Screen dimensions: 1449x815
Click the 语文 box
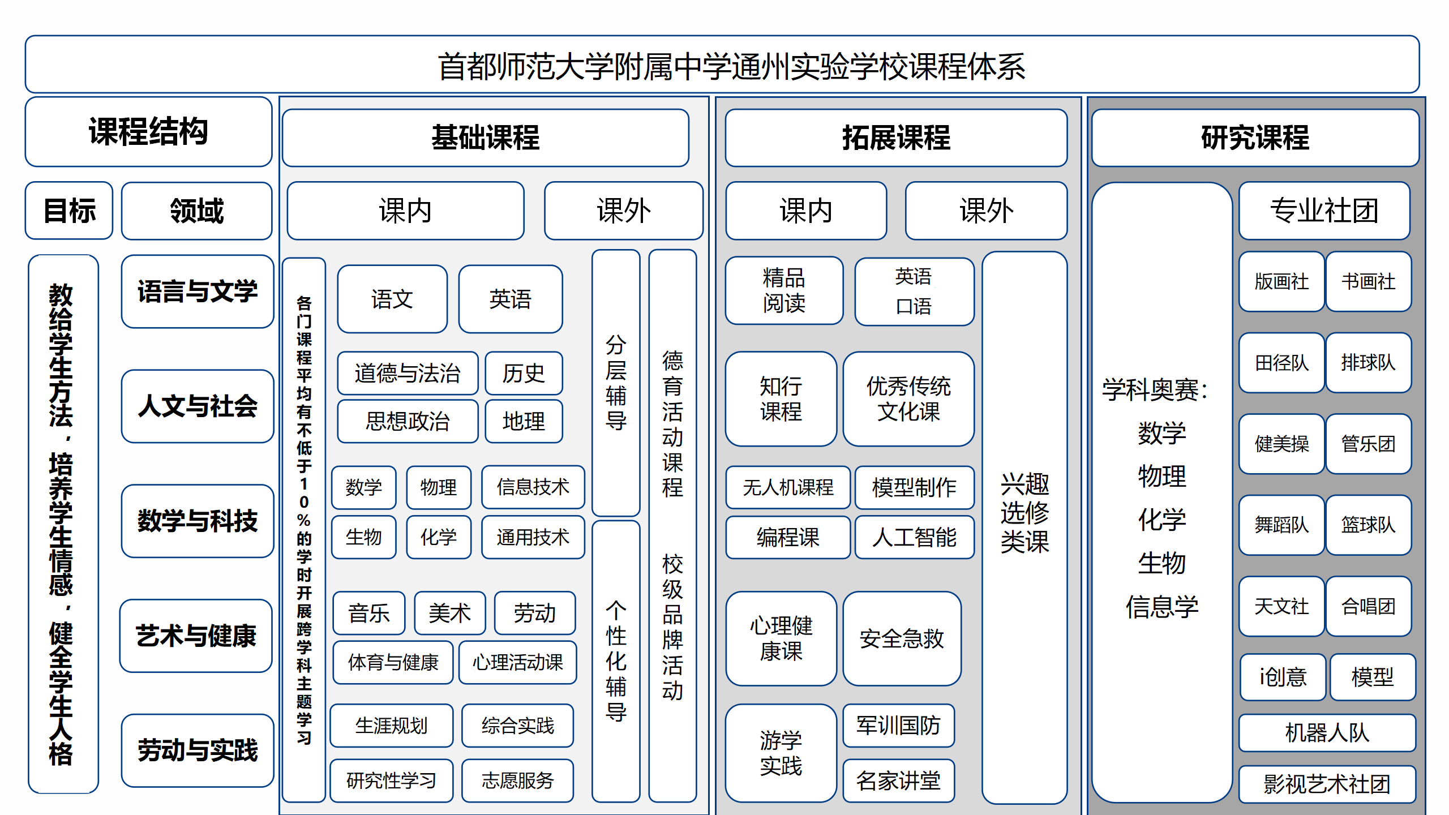(x=392, y=299)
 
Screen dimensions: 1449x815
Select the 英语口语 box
(x=914, y=291)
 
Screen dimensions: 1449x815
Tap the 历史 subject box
(x=524, y=373)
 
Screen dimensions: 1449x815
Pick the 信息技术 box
(x=533, y=487)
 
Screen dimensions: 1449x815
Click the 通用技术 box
(x=533, y=537)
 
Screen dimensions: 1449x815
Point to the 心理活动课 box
(x=517, y=662)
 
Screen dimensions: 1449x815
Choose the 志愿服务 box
(x=517, y=780)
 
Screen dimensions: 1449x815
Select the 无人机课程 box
(x=788, y=487)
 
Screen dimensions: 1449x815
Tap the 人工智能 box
(x=914, y=537)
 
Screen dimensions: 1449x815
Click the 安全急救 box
(x=902, y=638)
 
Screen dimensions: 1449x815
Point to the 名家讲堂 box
(x=898, y=780)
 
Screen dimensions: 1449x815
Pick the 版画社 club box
(x=1281, y=281)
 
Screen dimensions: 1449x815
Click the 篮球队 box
(x=1368, y=525)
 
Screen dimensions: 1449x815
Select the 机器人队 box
(x=1327, y=732)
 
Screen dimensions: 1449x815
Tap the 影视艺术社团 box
(x=1327, y=784)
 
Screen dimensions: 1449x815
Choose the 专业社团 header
(x=1324, y=211)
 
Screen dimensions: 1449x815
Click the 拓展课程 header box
(x=896, y=138)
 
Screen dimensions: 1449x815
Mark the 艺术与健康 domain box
(x=196, y=636)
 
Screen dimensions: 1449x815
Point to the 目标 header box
(x=69, y=211)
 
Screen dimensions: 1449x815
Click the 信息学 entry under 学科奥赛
(x=1161, y=607)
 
